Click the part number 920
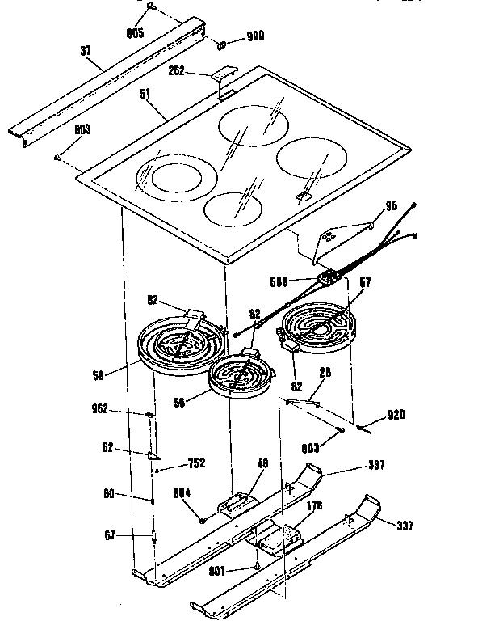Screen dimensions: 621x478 (396, 415)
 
